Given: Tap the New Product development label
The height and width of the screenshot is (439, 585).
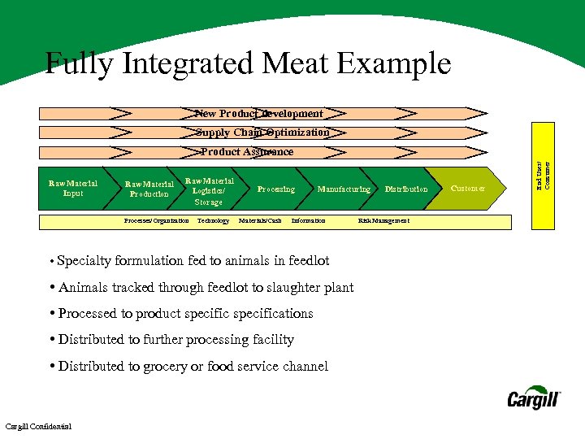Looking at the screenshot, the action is [x=259, y=114].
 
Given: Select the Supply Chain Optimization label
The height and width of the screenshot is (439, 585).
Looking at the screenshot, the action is [x=262, y=133].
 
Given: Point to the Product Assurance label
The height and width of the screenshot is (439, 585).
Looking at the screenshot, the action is [x=247, y=152].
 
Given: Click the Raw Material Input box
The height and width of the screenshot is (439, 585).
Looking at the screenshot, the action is [x=73, y=189].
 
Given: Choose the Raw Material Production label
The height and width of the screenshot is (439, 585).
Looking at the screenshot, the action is [x=149, y=189].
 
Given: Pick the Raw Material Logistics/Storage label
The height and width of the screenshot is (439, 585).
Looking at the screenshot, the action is [x=209, y=191].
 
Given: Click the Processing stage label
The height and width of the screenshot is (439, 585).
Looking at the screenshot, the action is [x=276, y=189].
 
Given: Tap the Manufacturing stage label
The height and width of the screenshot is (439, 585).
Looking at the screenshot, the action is [x=344, y=189].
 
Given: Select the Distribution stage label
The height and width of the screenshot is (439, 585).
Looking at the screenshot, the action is [x=406, y=189].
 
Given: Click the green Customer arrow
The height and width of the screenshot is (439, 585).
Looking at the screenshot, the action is [x=469, y=189].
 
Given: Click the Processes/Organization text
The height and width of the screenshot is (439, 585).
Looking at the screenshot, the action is [x=156, y=221].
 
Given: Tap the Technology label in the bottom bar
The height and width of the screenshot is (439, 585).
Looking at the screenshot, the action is [x=213, y=221].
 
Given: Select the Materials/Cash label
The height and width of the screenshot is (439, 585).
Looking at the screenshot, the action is [x=260, y=221].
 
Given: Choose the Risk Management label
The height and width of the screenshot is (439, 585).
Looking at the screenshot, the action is [x=383, y=221].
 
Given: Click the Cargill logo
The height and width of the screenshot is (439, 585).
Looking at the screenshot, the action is [x=534, y=398].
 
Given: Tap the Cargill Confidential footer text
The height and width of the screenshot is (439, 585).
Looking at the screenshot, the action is [x=38, y=427].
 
